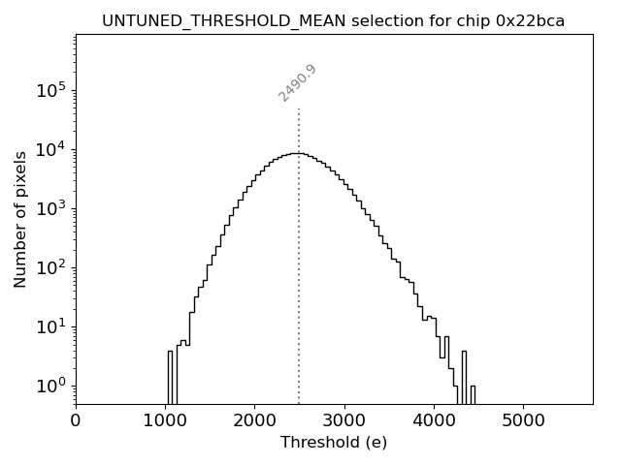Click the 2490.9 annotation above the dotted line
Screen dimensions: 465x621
coord(298,83)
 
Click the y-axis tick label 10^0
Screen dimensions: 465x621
coord(50,386)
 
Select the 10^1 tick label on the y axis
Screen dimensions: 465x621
coord(50,326)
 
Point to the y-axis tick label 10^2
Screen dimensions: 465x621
coord(50,267)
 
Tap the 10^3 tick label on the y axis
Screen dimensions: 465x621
coord(50,208)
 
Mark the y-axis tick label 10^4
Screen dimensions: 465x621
coord(50,149)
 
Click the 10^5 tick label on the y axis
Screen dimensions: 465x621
coord(50,90)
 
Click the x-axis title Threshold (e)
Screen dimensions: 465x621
coord(334,443)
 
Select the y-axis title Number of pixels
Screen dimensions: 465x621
coord(21,219)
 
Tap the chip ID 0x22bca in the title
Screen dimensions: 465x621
coord(531,20)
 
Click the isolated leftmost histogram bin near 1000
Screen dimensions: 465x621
coord(170,378)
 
